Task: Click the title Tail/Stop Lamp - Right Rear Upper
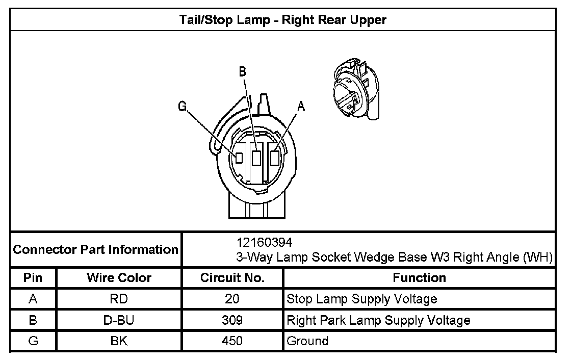pyautogui.click(x=283, y=20)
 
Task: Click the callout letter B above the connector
pyautogui.click(x=243, y=72)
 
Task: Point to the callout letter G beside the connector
pyautogui.click(x=182, y=106)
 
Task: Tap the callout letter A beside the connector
pyautogui.click(x=301, y=106)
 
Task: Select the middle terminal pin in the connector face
pyautogui.click(x=256, y=158)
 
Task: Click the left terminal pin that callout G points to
pyautogui.click(x=238, y=158)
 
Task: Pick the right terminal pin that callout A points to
pyautogui.click(x=275, y=158)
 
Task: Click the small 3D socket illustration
pyautogui.click(x=354, y=90)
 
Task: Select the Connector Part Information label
pyautogui.click(x=95, y=250)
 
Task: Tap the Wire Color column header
pyautogui.click(x=119, y=278)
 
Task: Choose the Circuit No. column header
pyautogui.click(x=232, y=278)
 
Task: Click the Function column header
pyautogui.click(x=419, y=278)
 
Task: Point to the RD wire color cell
pyautogui.click(x=119, y=299)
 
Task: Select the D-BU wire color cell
pyautogui.click(x=119, y=320)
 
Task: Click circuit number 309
pyautogui.click(x=232, y=320)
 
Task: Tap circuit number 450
pyautogui.click(x=232, y=341)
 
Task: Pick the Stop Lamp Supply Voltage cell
pyautogui.click(x=362, y=299)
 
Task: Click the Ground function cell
pyautogui.click(x=308, y=341)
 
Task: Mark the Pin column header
pyautogui.click(x=33, y=278)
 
